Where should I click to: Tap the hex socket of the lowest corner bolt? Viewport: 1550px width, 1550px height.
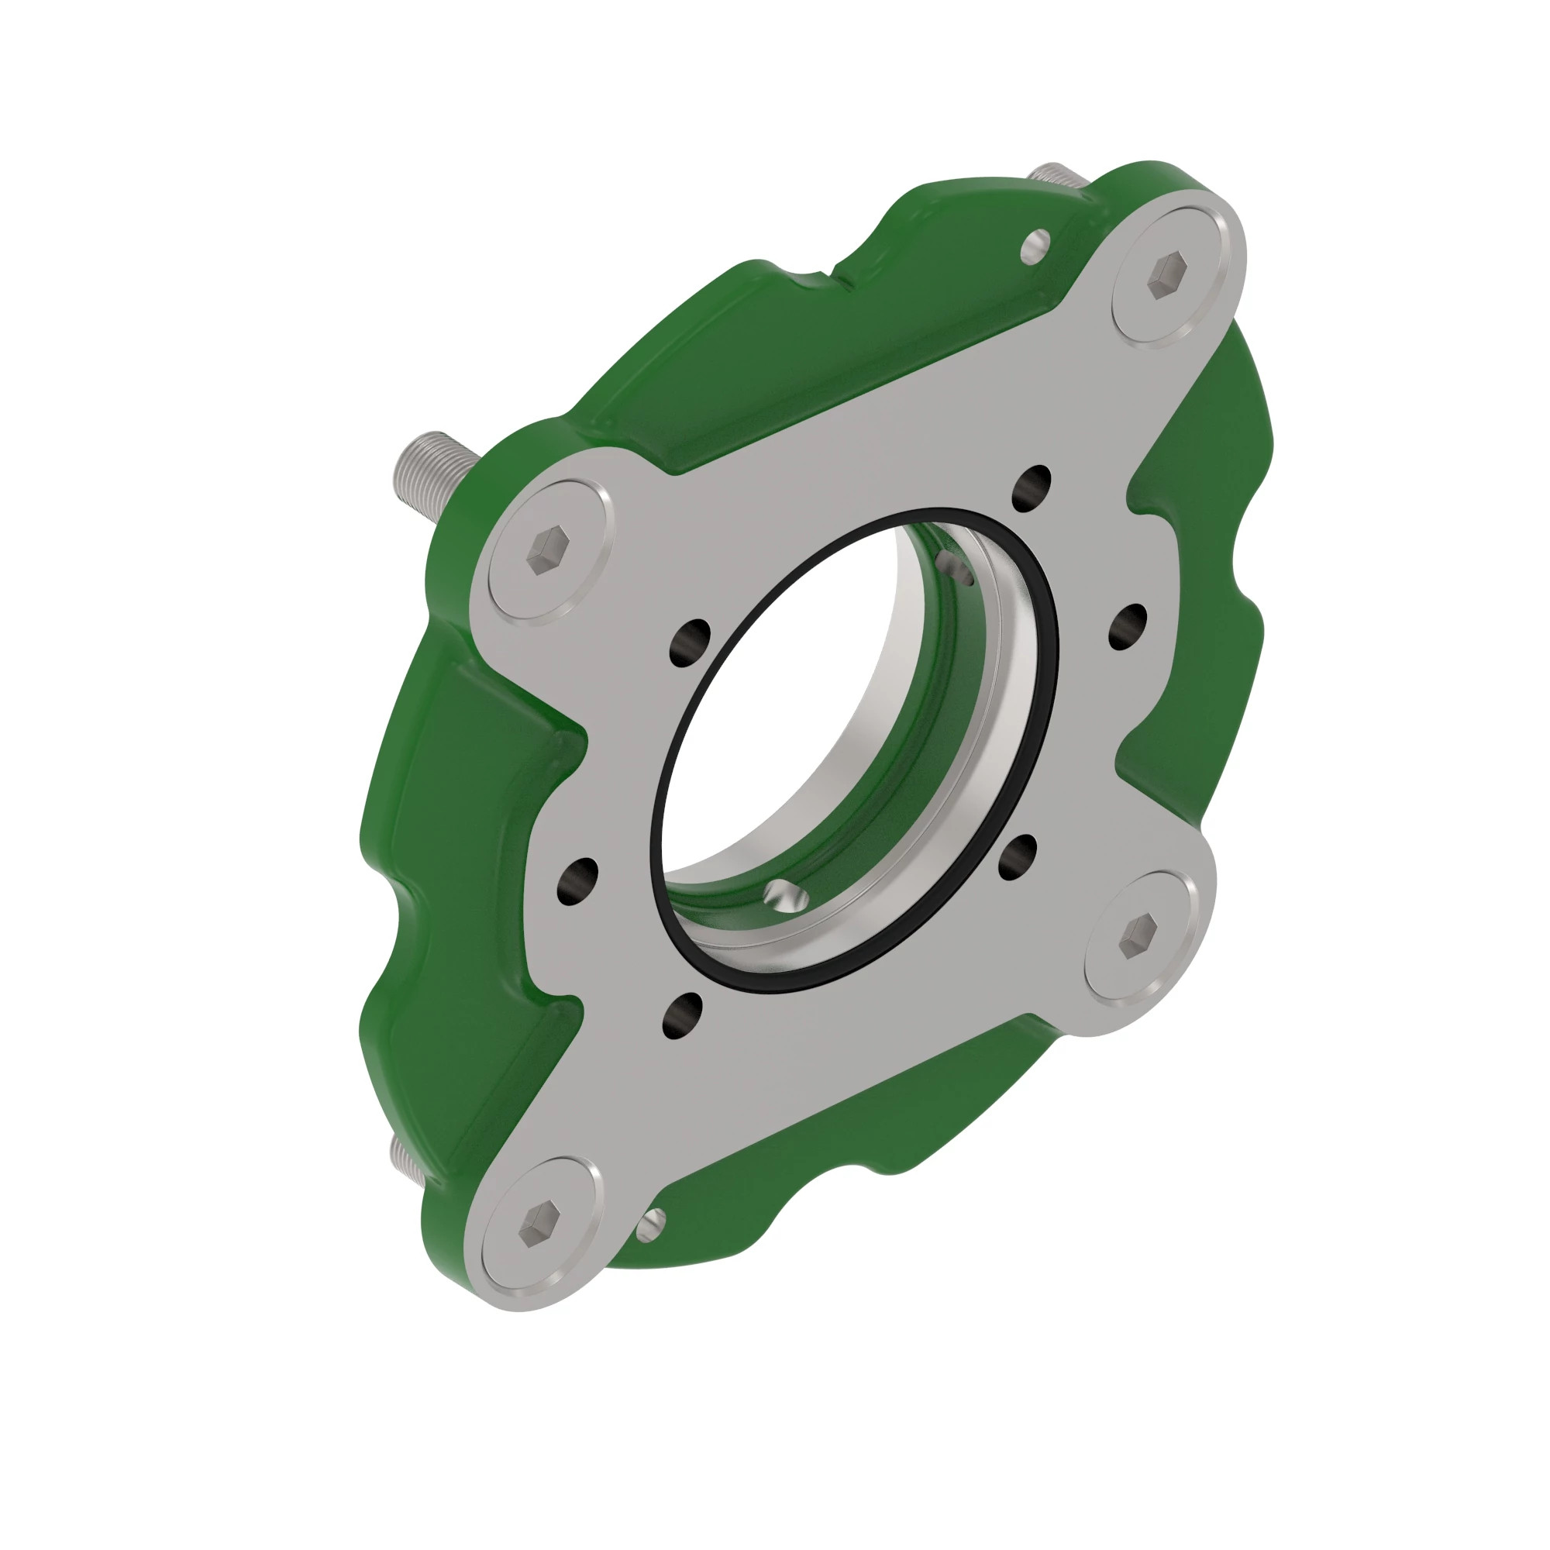[x=538, y=1224]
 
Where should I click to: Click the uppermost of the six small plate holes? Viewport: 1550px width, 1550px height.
[x=1032, y=487]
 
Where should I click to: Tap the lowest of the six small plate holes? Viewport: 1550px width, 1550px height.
[x=682, y=1014]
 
